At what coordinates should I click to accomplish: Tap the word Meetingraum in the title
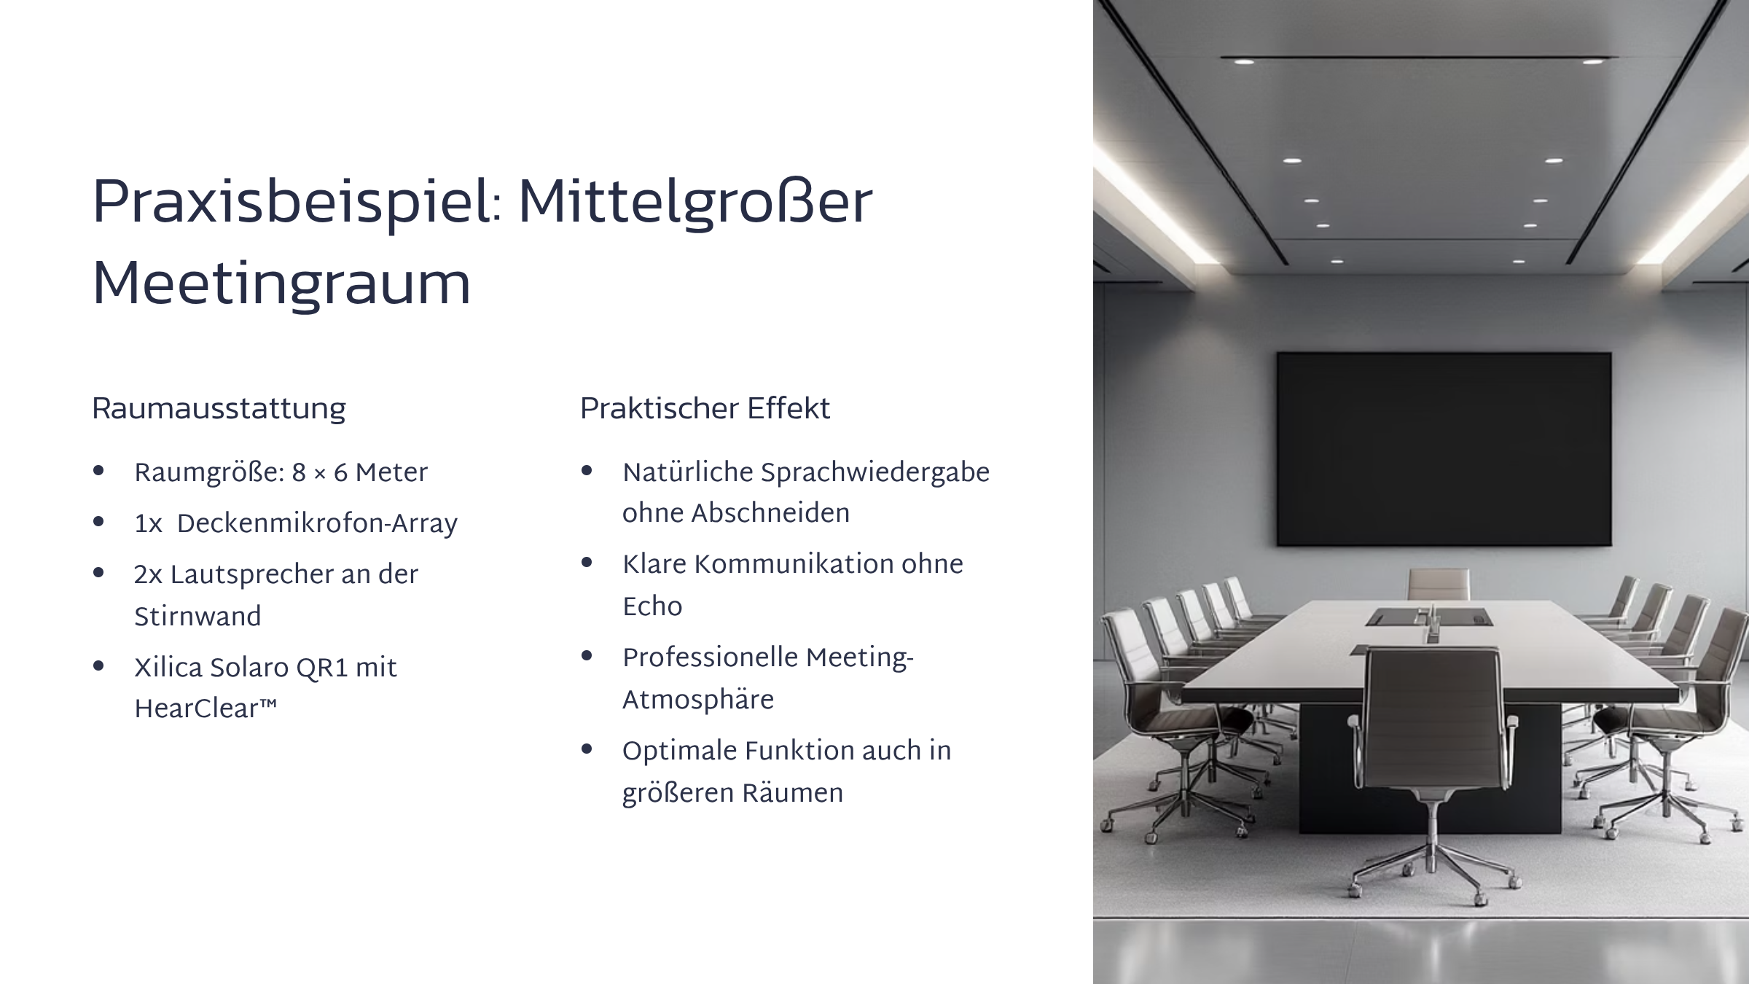[281, 284]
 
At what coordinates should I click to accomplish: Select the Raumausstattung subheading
[219, 409]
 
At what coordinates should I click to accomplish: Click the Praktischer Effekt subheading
[705, 408]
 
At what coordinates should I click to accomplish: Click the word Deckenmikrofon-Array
[317, 524]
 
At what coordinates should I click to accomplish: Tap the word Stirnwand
[197, 617]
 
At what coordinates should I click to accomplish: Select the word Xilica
[168, 668]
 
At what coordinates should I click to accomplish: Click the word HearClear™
[206, 708]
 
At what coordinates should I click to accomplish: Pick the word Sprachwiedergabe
[875, 473]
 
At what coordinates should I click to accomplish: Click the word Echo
[652, 606]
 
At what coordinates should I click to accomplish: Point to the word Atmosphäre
[698, 700]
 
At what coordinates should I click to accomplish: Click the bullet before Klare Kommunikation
[587, 563]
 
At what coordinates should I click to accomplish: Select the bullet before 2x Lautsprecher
[98, 573]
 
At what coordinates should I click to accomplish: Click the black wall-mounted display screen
[1444, 449]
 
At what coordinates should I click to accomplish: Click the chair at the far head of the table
[1438, 585]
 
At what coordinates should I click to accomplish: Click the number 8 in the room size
[299, 474]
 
